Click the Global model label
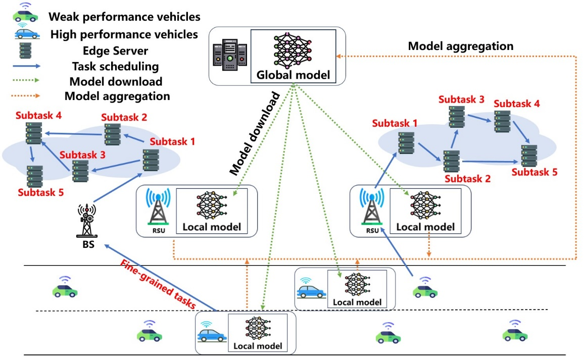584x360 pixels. pyautogui.click(x=293, y=76)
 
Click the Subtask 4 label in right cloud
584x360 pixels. pyautogui.click(x=516, y=104)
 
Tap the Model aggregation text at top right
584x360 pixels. pyautogui.click(x=460, y=46)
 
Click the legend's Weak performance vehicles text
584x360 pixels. pyautogui.click(x=124, y=17)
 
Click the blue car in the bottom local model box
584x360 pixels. pyautogui.click(x=212, y=335)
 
